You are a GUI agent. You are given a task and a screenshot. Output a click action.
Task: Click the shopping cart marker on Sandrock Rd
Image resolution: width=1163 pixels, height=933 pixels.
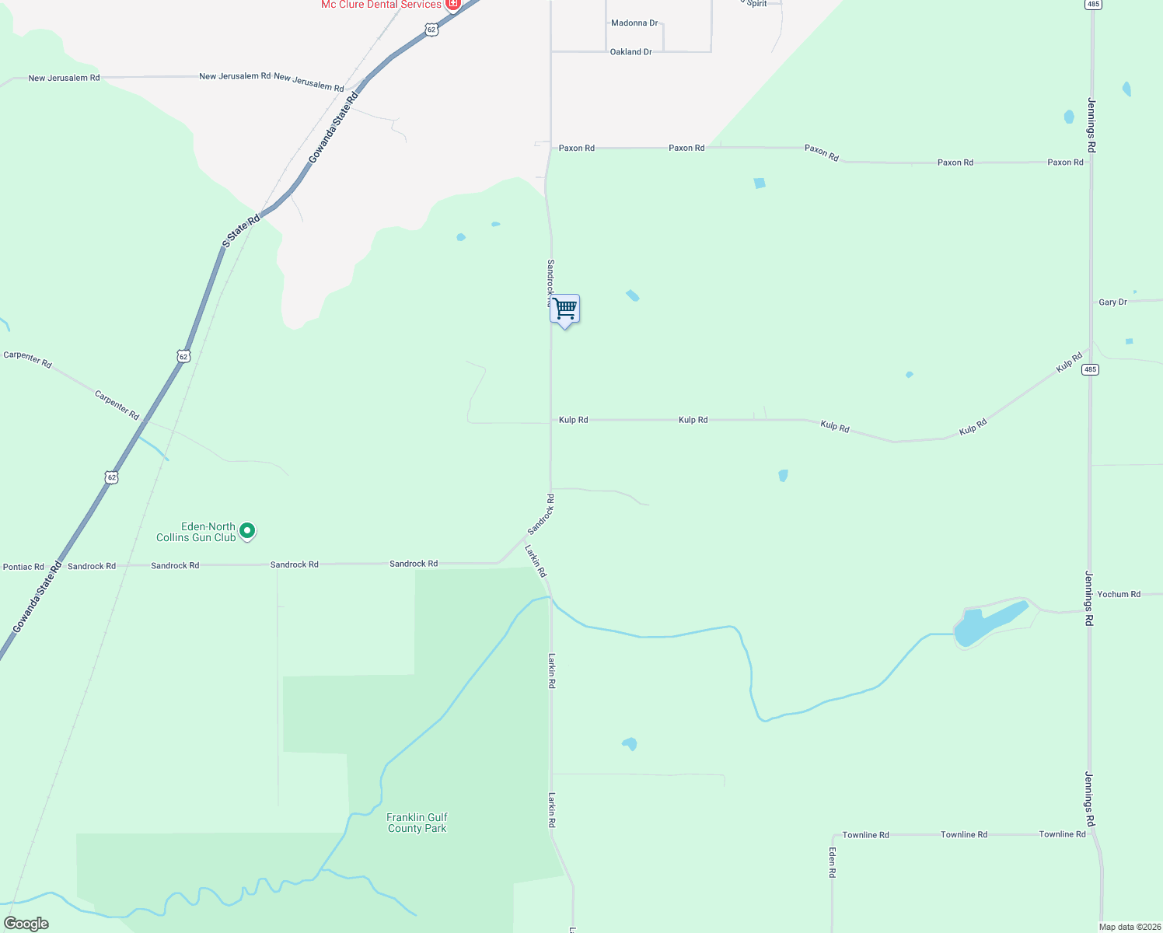pos(565,309)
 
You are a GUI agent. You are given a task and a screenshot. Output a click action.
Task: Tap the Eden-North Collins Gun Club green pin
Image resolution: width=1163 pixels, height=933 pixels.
pos(247,531)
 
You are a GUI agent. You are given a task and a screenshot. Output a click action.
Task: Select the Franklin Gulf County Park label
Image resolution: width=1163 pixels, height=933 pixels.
pos(417,823)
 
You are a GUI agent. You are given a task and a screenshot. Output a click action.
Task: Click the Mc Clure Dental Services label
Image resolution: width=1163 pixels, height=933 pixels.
pos(381,5)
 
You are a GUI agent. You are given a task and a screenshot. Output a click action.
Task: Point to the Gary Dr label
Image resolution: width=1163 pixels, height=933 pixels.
pos(1112,302)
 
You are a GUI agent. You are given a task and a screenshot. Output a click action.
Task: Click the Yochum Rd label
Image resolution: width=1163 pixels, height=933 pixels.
pos(1119,594)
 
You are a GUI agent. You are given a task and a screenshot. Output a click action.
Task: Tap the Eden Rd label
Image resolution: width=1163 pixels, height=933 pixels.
pos(832,862)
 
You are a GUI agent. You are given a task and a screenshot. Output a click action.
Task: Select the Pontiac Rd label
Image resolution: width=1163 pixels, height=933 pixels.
pos(23,567)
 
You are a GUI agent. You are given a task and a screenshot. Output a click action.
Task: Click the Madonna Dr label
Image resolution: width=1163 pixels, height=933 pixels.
pos(634,23)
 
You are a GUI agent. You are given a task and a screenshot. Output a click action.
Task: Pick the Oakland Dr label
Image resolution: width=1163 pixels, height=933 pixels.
pos(630,52)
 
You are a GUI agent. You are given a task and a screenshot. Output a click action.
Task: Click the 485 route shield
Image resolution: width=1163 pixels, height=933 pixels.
pos(1090,369)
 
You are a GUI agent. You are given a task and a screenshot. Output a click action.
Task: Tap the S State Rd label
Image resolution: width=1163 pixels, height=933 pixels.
pos(241,232)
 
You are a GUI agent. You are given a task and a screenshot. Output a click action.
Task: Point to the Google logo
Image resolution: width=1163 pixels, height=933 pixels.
pos(26,924)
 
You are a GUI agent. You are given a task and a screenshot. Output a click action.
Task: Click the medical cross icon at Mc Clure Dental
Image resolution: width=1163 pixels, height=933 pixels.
pos(452,5)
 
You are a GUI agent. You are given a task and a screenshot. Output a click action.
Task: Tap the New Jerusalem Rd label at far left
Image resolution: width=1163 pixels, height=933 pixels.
pos(64,78)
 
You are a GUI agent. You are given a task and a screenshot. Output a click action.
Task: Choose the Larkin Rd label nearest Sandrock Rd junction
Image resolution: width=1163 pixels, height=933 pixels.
pos(535,560)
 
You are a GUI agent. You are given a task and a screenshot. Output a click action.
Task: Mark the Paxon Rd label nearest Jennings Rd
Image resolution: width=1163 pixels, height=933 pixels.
pos(1065,162)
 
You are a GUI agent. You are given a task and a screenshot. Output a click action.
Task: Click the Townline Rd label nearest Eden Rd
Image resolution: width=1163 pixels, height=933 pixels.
pos(865,835)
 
